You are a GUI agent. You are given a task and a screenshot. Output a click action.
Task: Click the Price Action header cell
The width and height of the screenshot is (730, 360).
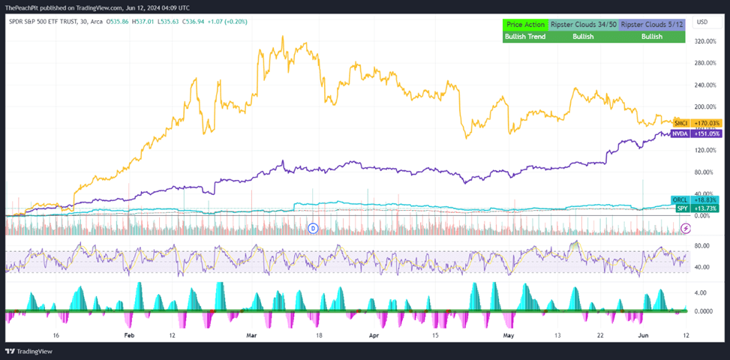pos(525,25)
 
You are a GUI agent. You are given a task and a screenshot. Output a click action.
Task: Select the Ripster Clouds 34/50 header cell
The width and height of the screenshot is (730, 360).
pos(583,25)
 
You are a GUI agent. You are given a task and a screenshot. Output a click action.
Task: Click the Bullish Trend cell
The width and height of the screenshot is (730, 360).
pos(525,36)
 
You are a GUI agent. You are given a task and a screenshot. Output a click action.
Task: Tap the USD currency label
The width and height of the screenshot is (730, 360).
pos(702,22)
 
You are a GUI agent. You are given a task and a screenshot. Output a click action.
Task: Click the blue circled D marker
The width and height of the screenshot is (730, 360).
pos(314,227)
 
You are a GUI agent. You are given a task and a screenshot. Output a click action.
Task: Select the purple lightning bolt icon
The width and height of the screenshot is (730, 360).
pos(684,228)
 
